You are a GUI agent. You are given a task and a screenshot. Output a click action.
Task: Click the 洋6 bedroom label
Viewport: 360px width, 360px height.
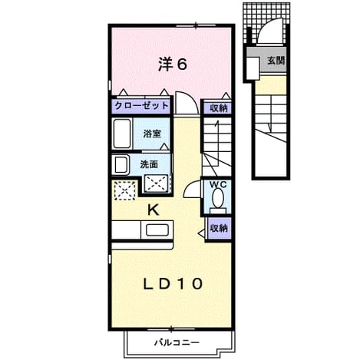tap(173, 64)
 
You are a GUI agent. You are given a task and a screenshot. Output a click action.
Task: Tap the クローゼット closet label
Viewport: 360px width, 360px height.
tap(141, 105)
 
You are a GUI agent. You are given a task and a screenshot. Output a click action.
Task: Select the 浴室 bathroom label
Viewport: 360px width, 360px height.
tap(152, 134)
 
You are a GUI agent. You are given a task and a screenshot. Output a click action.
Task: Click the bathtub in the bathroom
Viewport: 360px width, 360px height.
tap(122, 134)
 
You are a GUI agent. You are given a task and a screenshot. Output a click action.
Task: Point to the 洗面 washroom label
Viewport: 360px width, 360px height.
tap(149, 164)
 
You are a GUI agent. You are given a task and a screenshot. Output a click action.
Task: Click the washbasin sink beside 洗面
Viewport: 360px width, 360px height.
tap(121, 165)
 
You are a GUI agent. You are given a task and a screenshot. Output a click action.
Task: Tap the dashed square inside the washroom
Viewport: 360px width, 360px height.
tap(157, 183)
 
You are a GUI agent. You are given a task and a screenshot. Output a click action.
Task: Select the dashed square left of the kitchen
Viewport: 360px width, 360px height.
tap(124, 190)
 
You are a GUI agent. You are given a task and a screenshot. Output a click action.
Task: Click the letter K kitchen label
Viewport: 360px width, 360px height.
tap(154, 210)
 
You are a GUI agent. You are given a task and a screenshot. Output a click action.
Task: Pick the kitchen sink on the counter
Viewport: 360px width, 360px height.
tap(157, 230)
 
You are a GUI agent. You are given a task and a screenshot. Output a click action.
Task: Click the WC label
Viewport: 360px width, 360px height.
tap(218, 184)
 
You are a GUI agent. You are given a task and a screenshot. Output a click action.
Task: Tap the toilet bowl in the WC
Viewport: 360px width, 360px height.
tap(218, 198)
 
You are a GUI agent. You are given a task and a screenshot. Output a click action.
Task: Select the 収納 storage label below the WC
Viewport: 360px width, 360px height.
tap(219, 228)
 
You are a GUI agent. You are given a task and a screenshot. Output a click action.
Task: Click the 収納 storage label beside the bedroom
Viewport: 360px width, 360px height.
tap(219, 108)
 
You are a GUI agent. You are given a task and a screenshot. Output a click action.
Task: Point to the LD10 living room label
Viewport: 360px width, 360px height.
tap(173, 284)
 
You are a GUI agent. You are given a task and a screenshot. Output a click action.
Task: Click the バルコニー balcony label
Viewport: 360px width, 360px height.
tap(177, 342)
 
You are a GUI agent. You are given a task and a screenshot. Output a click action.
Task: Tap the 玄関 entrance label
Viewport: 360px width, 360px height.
tap(276, 61)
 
